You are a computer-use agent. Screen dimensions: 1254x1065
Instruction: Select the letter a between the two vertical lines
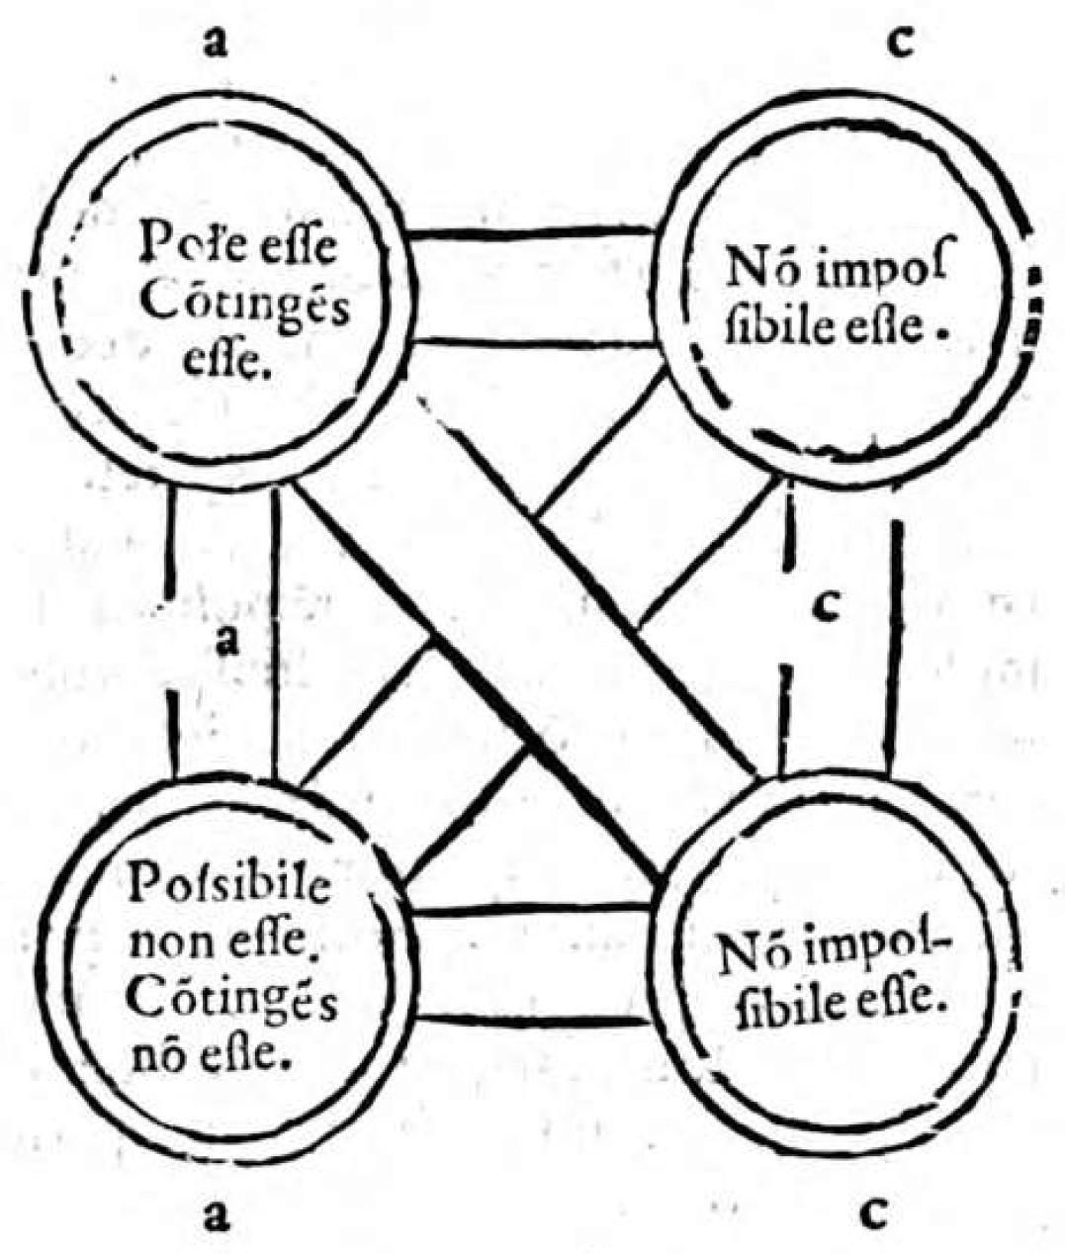(228, 641)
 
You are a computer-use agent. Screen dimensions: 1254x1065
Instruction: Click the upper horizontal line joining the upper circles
(533, 233)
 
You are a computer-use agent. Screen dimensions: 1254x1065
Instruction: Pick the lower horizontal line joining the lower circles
(535, 1019)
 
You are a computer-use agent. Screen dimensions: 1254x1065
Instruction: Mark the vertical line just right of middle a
(276, 633)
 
